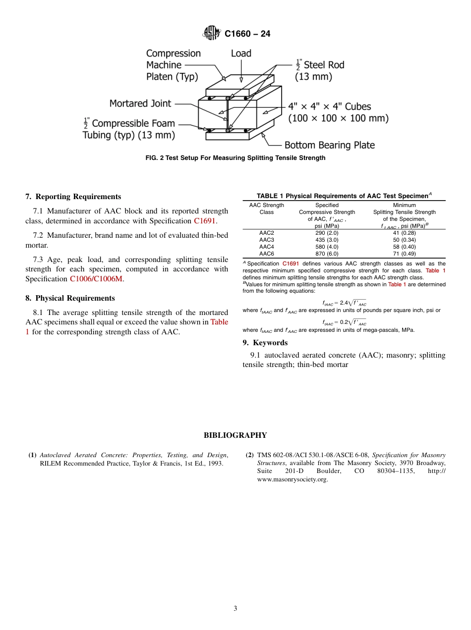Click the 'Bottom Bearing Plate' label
329,145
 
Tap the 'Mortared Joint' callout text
140,104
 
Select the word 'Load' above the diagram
241,53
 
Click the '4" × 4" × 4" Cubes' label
330,106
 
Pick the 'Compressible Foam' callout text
133,123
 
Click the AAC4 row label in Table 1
266,247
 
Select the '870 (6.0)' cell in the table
327,254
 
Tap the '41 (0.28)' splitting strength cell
404,233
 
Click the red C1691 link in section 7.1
204,221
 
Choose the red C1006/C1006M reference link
96,279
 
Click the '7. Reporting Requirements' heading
73,197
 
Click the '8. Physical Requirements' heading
70,298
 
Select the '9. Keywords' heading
265,343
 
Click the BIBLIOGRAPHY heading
235,435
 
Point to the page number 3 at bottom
235,608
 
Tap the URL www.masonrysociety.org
293,479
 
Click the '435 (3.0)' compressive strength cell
327,240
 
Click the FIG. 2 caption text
235,158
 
